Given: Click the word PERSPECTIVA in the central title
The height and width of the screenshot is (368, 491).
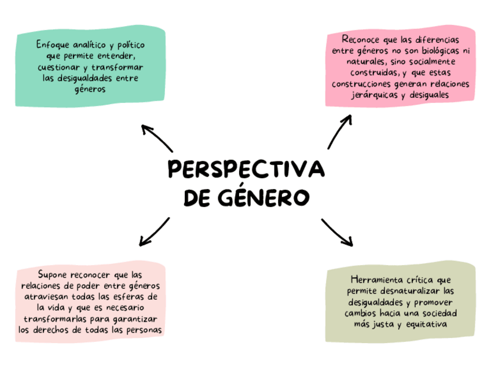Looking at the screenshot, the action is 245,170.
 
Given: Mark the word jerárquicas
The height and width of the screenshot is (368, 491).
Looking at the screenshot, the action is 380,95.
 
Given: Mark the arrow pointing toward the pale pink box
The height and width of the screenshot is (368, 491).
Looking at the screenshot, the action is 153,231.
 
